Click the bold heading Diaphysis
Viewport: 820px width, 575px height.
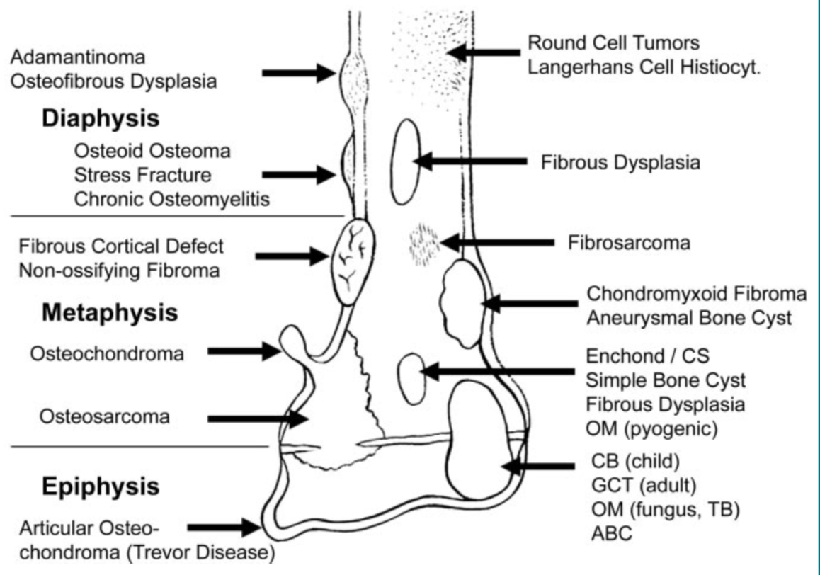[x=100, y=118]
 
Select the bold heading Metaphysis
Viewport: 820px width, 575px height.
[x=109, y=312]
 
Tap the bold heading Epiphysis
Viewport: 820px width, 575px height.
[x=100, y=486]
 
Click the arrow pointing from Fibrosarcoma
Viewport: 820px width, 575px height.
[x=495, y=243]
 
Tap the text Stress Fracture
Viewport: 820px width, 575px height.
[x=143, y=175]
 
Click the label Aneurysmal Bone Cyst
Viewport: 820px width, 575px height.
[x=688, y=318]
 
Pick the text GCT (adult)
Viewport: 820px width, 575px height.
[x=642, y=486]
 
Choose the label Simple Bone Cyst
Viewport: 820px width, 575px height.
[x=666, y=380]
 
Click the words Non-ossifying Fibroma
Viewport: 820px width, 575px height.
[x=118, y=271]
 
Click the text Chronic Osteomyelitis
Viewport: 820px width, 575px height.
[x=172, y=200]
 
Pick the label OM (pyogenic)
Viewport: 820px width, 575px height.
[x=651, y=428]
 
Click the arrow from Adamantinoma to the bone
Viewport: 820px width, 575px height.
[x=297, y=72]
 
